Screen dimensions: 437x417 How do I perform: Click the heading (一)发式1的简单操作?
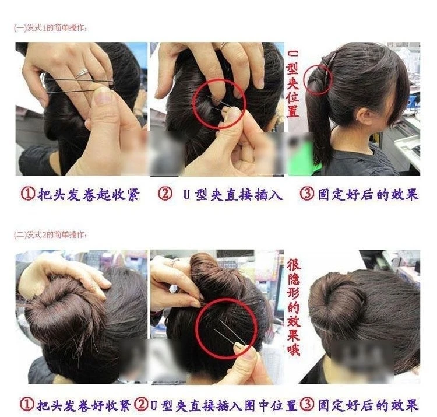(51, 28)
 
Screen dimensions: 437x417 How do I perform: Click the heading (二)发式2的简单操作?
(51, 234)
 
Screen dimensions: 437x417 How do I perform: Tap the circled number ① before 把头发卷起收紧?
(28, 194)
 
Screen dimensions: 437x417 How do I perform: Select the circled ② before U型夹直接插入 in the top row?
(165, 194)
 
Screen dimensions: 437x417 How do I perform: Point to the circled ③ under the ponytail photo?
(307, 194)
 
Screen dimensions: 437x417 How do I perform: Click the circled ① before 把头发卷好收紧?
(27, 404)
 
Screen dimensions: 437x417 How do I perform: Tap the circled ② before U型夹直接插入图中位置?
(142, 404)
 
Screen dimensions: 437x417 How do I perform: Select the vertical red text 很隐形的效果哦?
(294, 307)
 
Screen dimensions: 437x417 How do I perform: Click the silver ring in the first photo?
(82, 73)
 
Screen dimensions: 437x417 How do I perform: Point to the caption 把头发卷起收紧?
(89, 194)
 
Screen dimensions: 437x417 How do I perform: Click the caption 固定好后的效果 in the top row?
(368, 194)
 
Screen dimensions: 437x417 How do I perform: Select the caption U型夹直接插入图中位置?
(224, 405)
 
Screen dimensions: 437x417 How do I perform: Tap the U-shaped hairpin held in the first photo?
(80, 86)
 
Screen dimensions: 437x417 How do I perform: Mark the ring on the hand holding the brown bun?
(175, 262)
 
